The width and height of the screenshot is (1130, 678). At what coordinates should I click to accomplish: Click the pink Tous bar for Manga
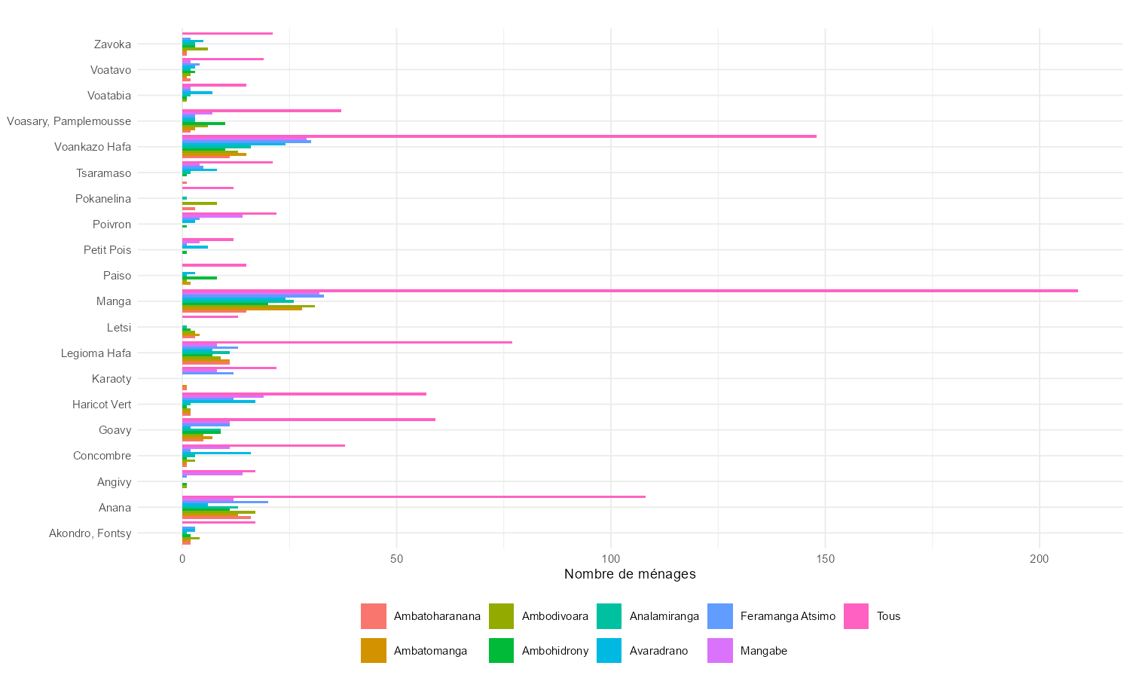tap(629, 291)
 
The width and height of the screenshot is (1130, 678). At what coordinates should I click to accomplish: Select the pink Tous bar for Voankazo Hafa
tap(499, 136)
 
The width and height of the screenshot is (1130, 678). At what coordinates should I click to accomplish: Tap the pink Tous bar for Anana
tap(414, 496)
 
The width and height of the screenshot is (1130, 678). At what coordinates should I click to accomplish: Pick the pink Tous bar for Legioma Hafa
tap(347, 343)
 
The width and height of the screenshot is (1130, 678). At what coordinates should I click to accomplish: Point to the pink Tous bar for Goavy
tap(308, 420)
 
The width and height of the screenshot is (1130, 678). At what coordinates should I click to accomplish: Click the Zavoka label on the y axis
tap(112, 44)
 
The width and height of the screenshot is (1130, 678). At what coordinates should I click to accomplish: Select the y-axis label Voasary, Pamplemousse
tap(69, 121)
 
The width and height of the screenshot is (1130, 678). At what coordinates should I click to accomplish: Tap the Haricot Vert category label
tap(102, 405)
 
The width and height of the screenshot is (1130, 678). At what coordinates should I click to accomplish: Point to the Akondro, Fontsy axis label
tap(90, 533)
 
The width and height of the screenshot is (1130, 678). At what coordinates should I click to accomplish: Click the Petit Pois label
tap(107, 250)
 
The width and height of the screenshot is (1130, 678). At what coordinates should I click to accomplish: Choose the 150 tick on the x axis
tap(825, 559)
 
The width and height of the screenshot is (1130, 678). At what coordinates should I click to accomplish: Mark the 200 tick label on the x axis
tap(1039, 559)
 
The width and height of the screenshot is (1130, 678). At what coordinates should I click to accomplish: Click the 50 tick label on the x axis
tap(396, 559)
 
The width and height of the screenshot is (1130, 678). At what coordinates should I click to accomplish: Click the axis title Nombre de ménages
tap(630, 574)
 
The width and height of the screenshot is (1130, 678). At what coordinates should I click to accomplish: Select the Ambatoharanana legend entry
tap(436, 616)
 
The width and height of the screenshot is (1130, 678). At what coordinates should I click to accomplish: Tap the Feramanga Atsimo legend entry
tap(787, 616)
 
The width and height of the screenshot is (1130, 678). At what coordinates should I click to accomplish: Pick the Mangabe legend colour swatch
tap(720, 651)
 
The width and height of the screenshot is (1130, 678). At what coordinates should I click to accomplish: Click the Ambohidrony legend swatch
tap(501, 651)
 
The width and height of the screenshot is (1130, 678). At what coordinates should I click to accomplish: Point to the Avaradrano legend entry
tap(658, 651)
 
